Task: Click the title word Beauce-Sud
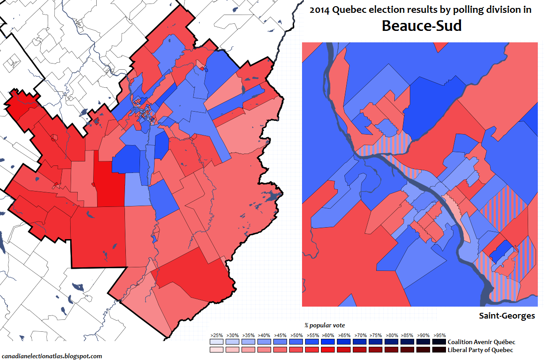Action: (x=421, y=26)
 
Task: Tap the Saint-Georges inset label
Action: (x=507, y=316)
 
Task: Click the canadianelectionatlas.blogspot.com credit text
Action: (x=52, y=356)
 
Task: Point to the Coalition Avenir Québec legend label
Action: (x=481, y=342)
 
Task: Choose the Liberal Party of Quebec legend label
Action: (x=480, y=350)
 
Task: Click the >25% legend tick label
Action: (x=216, y=335)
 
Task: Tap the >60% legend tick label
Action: (x=328, y=335)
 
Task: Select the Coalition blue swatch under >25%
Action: (x=216, y=342)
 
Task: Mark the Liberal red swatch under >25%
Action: (x=216, y=350)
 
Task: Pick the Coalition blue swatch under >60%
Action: (x=328, y=342)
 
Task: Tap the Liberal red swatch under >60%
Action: (x=328, y=350)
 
